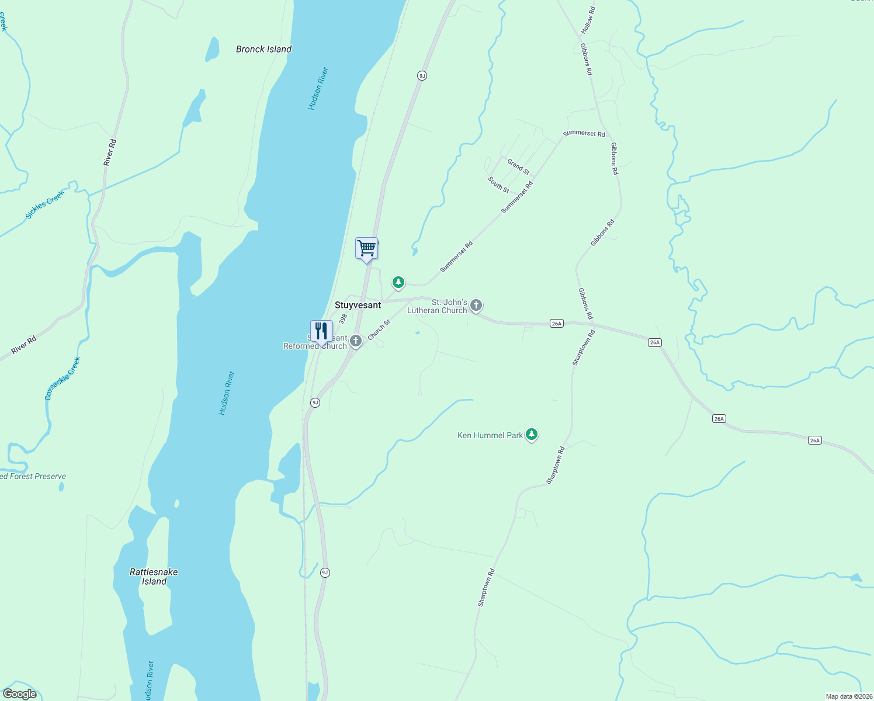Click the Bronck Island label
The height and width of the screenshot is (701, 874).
(x=263, y=49)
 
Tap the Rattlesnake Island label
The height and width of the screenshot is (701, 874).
(x=154, y=577)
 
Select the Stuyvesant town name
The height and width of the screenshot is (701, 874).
(x=358, y=305)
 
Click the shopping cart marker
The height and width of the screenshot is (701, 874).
(x=366, y=248)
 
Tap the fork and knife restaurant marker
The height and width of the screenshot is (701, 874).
(x=321, y=331)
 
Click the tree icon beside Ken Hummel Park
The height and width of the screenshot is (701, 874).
(x=531, y=435)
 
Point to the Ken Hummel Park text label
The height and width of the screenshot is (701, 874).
(x=490, y=435)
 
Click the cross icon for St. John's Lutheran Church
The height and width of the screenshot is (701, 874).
(x=476, y=305)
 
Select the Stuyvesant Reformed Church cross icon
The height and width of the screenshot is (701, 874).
(x=356, y=341)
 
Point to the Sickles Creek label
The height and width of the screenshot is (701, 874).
(x=44, y=204)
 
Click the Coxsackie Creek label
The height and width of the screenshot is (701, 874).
(x=62, y=379)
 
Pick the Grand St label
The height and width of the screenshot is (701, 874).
(x=518, y=166)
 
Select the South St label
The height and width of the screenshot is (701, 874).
(x=499, y=185)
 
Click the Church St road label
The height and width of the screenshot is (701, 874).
(x=379, y=329)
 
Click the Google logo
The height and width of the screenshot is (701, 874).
(x=20, y=694)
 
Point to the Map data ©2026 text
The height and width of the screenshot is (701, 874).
(x=848, y=696)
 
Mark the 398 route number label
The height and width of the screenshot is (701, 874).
(x=343, y=318)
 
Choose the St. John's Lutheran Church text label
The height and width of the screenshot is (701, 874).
(x=438, y=306)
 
